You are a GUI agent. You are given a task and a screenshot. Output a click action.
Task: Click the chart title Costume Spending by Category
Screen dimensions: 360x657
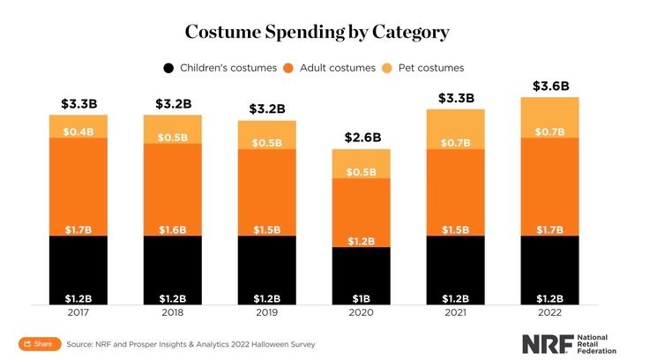click(317, 32)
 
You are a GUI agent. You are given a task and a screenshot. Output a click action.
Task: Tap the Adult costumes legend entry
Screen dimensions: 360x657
click(331, 68)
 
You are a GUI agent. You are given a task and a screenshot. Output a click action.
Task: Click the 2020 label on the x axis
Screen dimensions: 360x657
click(361, 312)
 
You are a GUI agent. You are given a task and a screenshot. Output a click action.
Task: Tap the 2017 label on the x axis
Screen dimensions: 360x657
click(78, 312)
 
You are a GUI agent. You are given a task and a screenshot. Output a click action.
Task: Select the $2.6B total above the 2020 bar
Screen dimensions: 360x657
click(361, 137)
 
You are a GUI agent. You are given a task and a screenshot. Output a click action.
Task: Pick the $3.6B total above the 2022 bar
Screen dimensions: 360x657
click(549, 86)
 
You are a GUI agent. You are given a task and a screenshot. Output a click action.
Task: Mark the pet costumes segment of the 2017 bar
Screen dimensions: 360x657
click(78, 126)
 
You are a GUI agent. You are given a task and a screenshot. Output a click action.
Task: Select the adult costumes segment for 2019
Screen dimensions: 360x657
click(266, 190)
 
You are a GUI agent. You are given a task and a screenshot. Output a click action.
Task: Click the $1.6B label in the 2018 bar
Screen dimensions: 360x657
click(173, 229)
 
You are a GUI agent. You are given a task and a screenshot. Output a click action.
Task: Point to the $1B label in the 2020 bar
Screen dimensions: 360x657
click(361, 297)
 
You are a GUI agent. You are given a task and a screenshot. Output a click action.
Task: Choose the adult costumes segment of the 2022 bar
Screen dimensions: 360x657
click(549, 185)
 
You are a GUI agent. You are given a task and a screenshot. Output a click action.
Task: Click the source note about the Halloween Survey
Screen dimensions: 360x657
click(190, 343)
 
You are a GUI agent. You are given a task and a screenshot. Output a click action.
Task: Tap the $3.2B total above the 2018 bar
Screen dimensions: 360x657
click(173, 103)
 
